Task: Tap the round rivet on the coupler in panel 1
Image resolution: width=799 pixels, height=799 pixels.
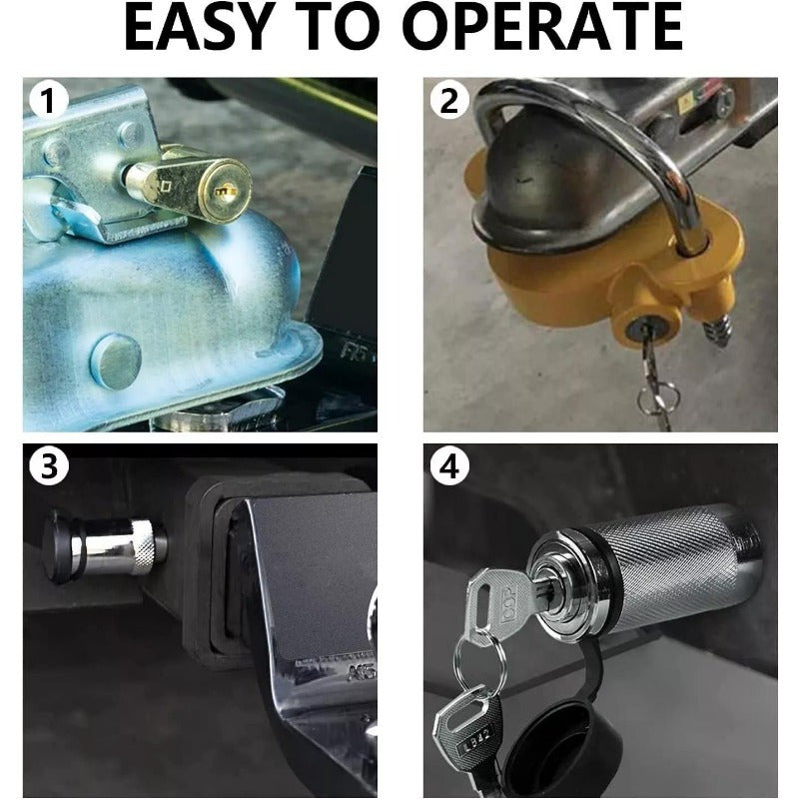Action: (115, 359)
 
